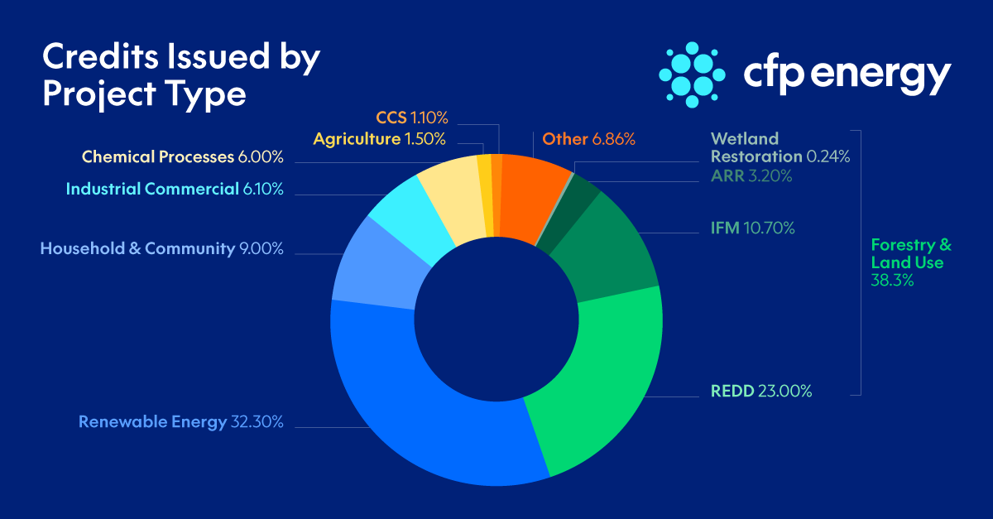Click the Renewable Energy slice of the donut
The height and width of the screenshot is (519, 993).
430,414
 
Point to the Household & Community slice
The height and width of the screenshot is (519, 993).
372,273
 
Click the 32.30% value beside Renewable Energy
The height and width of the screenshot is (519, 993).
257,422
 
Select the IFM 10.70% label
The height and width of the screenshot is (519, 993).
752,228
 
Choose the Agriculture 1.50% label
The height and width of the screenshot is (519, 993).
380,139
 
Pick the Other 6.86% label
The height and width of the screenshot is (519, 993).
588,139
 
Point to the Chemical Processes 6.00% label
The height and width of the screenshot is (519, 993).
182,157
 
